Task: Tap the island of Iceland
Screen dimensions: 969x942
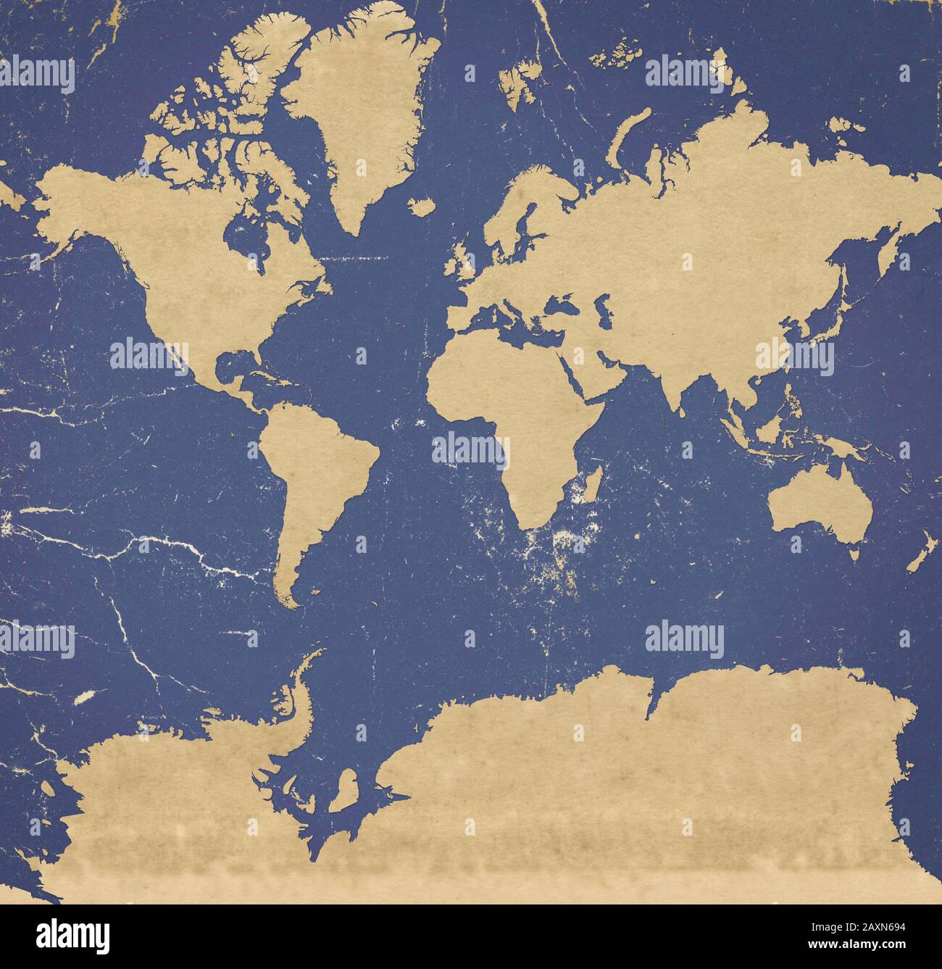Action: [x=420, y=207]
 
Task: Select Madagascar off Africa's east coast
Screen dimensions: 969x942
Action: [x=592, y=486]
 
